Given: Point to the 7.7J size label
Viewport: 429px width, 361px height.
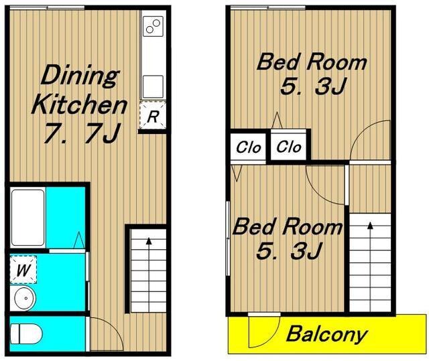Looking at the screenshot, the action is point(82,133).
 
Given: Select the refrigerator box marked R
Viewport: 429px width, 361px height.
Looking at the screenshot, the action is point(153,115).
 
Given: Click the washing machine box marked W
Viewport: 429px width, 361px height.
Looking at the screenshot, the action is point(23,269).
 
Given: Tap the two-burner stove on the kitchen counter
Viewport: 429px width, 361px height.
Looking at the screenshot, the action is point(153,26).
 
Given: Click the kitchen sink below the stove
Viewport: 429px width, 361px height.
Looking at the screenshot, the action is point(153,86).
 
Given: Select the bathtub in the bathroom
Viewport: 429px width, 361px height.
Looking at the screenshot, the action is point(28,217).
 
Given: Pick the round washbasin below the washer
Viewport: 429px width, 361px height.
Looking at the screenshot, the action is point(23,298).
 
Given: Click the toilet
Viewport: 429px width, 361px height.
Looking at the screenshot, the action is point(26,334).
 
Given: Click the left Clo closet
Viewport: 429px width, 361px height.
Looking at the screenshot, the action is point(248,147).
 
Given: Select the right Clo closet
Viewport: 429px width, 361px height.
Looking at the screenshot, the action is point(288,147).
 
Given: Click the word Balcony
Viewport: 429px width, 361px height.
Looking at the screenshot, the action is point(326,334).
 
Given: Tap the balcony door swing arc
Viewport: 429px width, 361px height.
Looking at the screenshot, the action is point(273,337).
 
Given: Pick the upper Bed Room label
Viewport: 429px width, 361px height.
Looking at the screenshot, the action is point(312,62).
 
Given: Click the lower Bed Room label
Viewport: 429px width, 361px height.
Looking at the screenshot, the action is point(287,226).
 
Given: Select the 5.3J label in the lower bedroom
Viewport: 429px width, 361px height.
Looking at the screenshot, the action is point(288,250).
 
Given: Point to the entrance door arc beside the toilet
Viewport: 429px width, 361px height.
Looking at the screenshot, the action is point(115,328).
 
